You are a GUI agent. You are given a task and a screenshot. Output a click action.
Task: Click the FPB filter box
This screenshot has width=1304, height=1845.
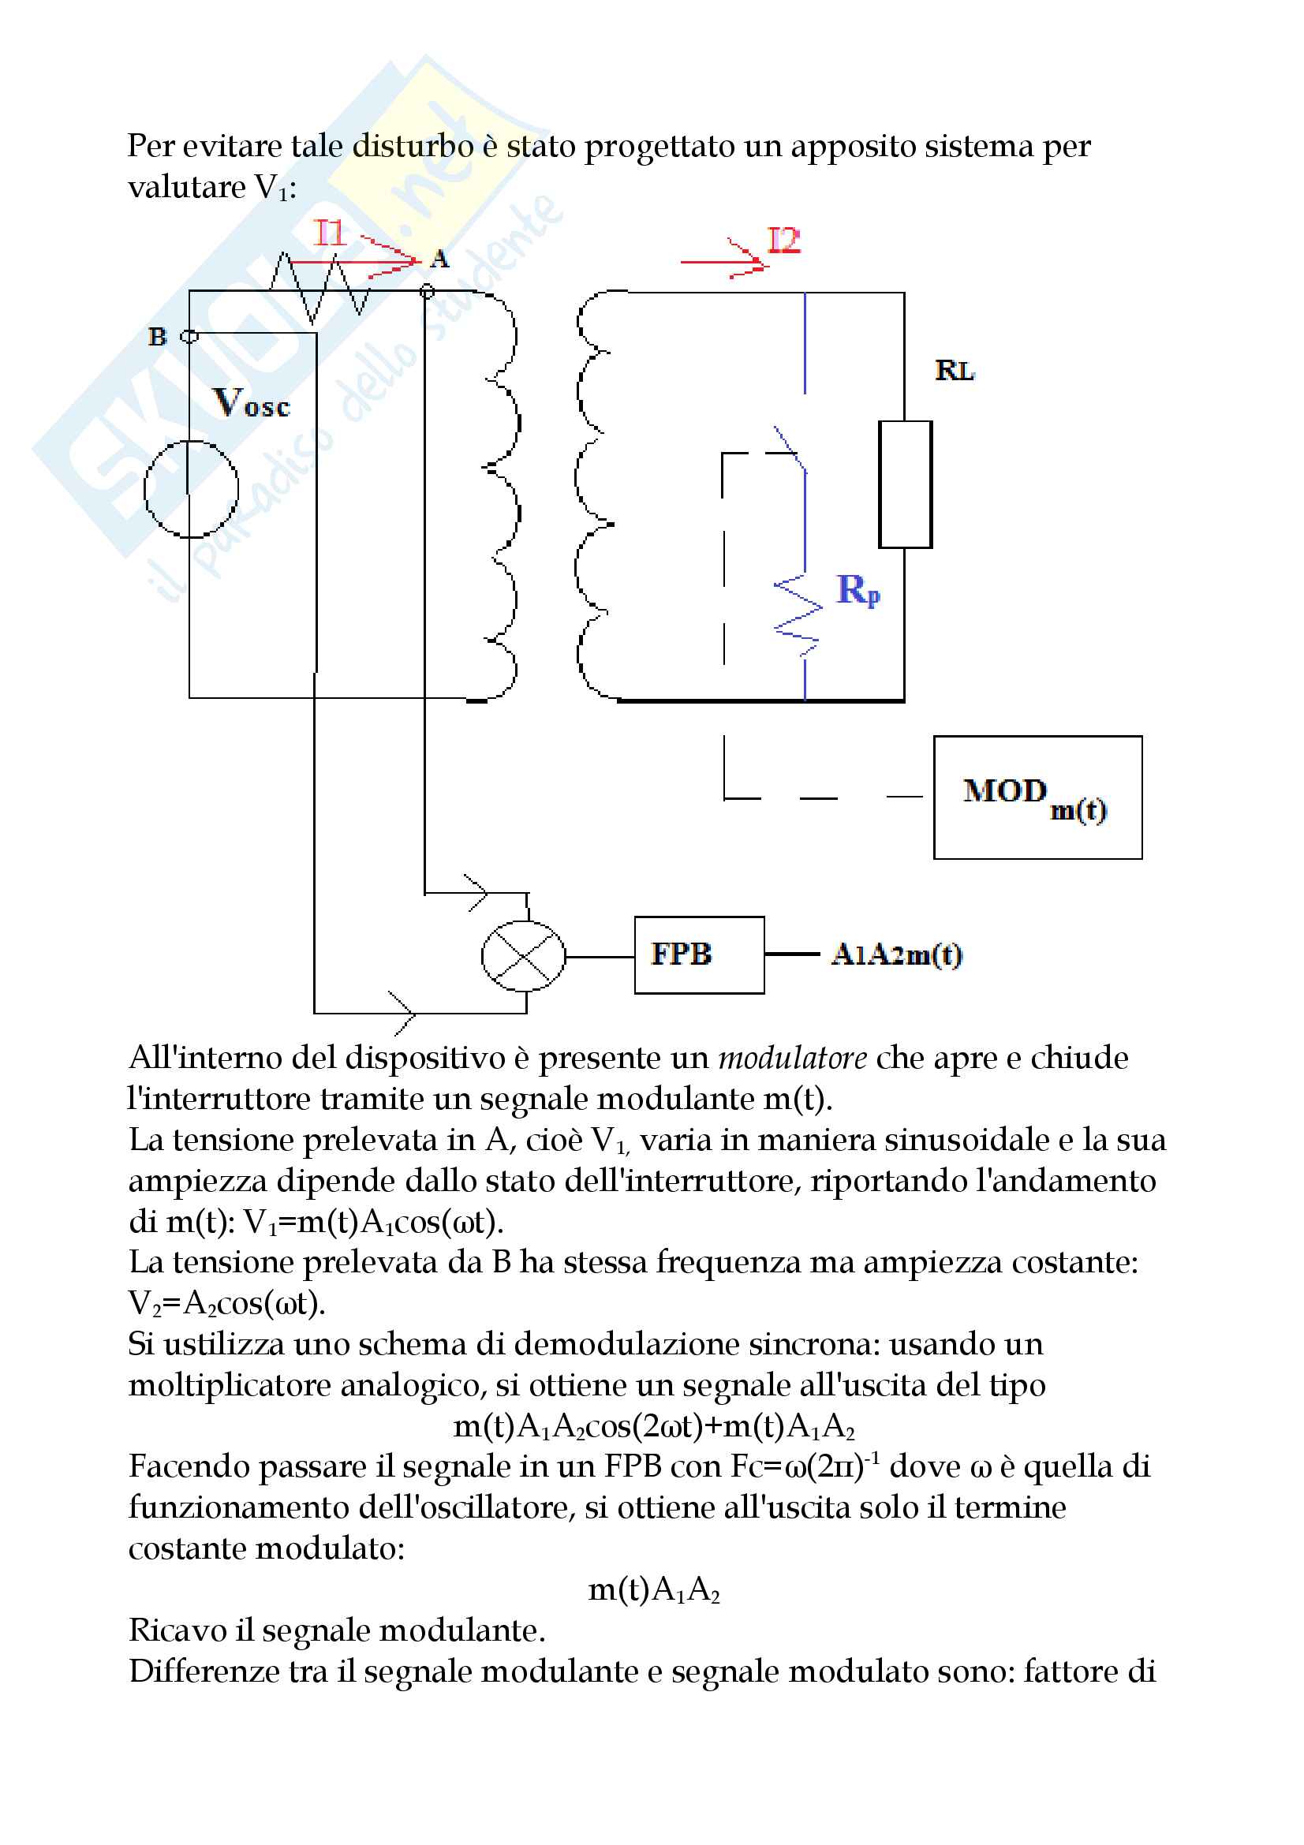698,954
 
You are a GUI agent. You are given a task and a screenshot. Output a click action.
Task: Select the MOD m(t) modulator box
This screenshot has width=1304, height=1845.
1037,797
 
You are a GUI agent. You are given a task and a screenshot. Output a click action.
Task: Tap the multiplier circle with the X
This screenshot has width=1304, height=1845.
523,956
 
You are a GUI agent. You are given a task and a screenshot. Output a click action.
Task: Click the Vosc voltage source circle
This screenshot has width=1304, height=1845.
191,488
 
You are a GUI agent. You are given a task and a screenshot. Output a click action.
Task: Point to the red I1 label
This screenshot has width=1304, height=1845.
330,233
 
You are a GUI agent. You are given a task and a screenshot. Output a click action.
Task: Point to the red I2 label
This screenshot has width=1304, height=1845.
783,241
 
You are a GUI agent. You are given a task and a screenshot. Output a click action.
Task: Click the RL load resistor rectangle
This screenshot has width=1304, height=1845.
905,484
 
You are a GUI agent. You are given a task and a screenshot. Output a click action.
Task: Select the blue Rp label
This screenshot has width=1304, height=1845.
858,590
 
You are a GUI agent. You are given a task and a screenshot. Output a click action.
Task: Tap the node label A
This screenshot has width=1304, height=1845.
439,259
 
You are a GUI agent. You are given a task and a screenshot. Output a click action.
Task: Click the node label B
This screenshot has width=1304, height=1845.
158,337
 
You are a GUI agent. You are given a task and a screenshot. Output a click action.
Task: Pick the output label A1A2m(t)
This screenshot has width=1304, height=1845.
897,954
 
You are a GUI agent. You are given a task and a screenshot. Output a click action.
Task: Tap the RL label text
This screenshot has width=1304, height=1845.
955,371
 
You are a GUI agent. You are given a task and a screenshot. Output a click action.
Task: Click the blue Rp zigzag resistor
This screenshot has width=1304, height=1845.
798,614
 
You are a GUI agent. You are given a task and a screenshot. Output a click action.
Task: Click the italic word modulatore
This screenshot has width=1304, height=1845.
792,1059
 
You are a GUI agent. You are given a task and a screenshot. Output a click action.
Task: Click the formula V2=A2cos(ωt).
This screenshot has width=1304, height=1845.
226,1302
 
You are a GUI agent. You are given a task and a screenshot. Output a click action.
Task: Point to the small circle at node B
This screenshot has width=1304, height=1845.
189,337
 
